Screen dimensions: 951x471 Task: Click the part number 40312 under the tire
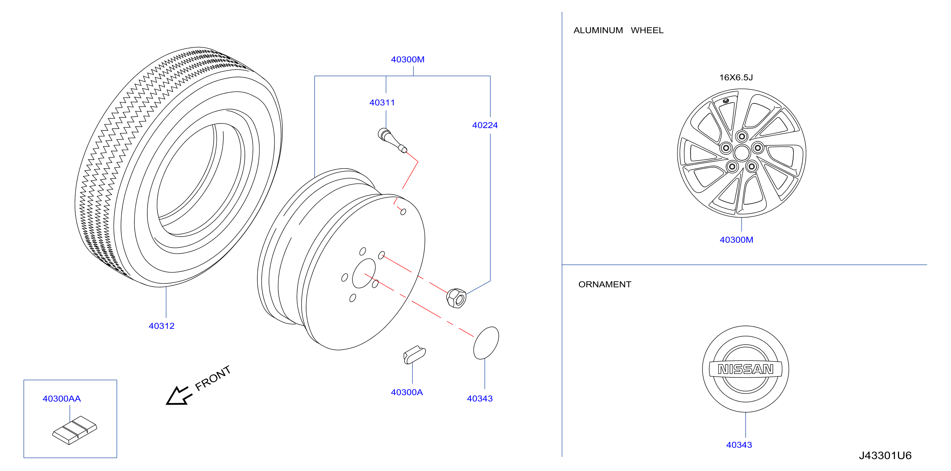coord(161,326)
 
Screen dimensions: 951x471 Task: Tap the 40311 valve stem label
coord(382,103)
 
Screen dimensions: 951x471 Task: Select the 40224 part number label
coord(485,125)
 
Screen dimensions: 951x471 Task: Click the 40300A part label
coord(407,392)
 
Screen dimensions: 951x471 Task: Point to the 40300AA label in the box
coord(62,399)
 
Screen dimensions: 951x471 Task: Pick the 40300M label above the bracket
coord(408,59)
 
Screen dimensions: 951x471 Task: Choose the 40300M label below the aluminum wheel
coord(736,240)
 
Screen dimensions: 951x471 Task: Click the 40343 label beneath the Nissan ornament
coord(739,445)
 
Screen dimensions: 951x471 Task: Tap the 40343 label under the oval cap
coord(479,399)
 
